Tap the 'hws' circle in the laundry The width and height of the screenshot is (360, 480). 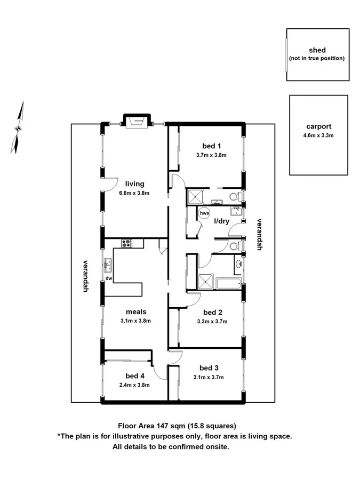pyautogui.click(x=204, y=213)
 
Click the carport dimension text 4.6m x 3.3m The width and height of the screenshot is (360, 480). pyautogui.click(x=319, y=135)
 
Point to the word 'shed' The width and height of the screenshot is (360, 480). pyautogui.click(x=317, y=50)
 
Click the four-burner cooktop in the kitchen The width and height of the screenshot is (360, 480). pyautogui.click(x=126, y=243)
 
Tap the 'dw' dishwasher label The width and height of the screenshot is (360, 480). pyautogui.click(x=108, y=278)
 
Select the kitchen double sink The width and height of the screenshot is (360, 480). pyautogui.click(x=108, y=262)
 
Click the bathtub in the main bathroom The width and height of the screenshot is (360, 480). pyautogui.click(x=228, y=282)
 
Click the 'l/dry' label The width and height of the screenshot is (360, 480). pyautogui.click(x=222, y=220)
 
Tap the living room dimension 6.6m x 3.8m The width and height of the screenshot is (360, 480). pyautogui.click(x=135, y=194)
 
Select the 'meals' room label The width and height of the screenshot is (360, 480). pyautogui.click(x=136, y=311)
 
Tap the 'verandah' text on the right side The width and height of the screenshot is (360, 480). pyautogui.click(x=260, y=234)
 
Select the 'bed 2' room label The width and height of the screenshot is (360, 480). pyautogui.click(x=212, y=312)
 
